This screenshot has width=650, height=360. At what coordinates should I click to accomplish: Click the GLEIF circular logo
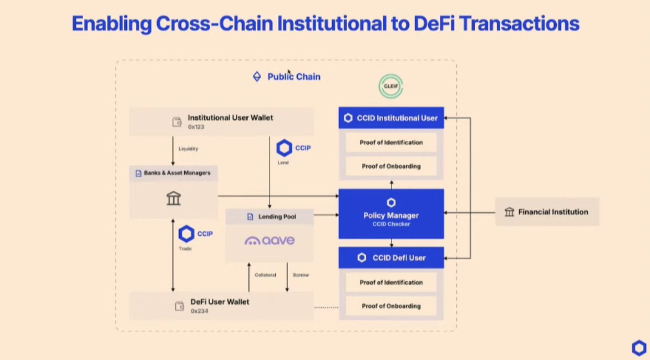click(x=391, y=87)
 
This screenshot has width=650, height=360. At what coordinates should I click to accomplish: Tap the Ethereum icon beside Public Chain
click(x=257, y=77)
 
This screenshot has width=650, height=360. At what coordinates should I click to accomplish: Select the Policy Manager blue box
click(x=391, y=214)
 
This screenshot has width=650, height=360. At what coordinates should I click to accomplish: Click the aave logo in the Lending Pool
click(x=270, y=241)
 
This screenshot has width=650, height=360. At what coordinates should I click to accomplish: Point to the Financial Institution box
click(x=547, y=212)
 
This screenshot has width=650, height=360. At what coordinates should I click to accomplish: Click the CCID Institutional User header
click(x=391, y=118)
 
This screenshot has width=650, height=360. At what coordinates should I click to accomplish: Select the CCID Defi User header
click(x=391, y=257)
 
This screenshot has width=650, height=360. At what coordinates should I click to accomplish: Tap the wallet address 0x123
click(x=196, y=127)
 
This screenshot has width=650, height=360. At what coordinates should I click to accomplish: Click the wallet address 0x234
click(x=200, y=311)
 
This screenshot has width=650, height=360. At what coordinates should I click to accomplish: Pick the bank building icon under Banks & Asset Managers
click(x=174, y=198)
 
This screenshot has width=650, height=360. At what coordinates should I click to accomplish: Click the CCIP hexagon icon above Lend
click(x=285, y=148)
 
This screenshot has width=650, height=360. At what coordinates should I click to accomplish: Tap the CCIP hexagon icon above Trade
click(x=186, y=234)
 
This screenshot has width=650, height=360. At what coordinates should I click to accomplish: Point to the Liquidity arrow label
click(x=188, y=149)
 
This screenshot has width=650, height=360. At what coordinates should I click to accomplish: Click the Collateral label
click(x=265, y=275)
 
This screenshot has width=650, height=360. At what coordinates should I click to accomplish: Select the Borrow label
click(x=301, y=275)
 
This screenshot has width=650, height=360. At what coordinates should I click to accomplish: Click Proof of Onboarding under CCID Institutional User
click(x=391, y=166)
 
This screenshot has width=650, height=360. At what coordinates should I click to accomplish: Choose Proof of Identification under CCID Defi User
click(x=391, y=282)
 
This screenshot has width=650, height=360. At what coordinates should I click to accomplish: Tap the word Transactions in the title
click(x=519, y=23)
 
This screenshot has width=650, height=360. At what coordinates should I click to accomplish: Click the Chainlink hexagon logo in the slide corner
click(x=639, y=348)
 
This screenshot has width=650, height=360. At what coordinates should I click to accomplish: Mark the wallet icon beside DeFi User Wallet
click(x=180, y=306)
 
